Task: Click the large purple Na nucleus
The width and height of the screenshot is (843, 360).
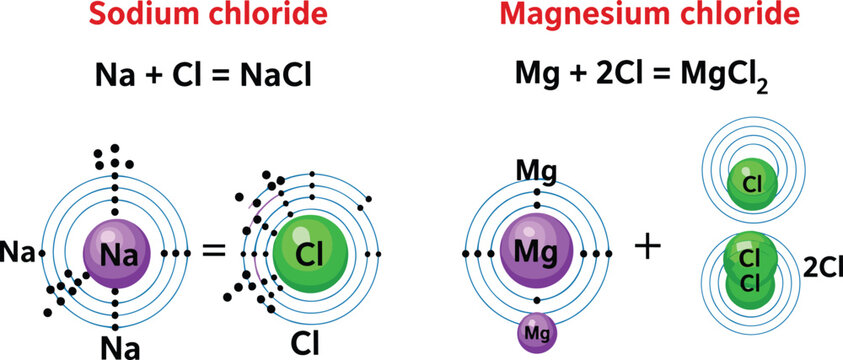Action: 117,253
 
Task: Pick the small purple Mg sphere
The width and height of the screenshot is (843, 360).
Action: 538,333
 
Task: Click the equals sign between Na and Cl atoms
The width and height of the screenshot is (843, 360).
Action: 212,251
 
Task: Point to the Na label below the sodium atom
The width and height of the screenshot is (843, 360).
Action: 119,346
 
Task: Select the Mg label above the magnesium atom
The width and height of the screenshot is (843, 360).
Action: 535,169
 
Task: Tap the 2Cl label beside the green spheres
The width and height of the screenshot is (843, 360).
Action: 819,265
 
